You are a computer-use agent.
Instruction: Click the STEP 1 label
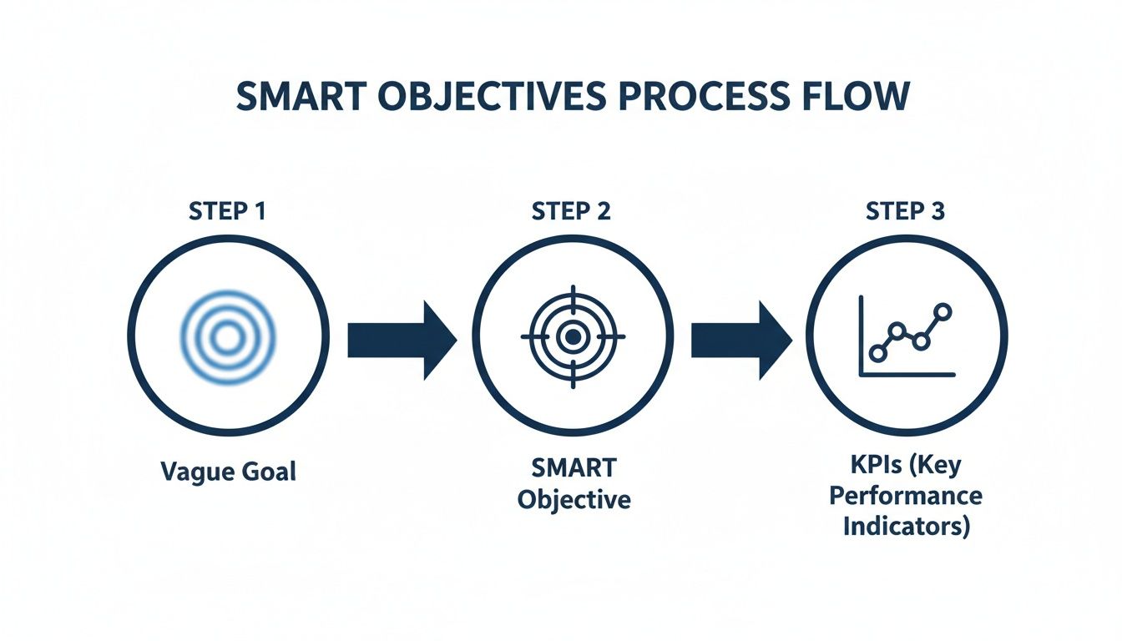click(x=227, y=211)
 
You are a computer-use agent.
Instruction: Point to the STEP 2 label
click(x=572, y=211)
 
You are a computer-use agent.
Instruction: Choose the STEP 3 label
click(x=905, y=211)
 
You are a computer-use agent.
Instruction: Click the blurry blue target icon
click(x=226, y=337)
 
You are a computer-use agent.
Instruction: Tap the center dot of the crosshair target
click(x=572, y=337)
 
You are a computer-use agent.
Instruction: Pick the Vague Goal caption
click(x=227, y=471)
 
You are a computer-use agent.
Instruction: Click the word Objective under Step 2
click(x=573, y=500)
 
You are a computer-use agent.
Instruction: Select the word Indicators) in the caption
click(x=907, y=527)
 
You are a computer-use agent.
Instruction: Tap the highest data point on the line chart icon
click(x=943, y=312)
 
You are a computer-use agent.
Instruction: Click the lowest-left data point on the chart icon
click(x=877, y=352)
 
